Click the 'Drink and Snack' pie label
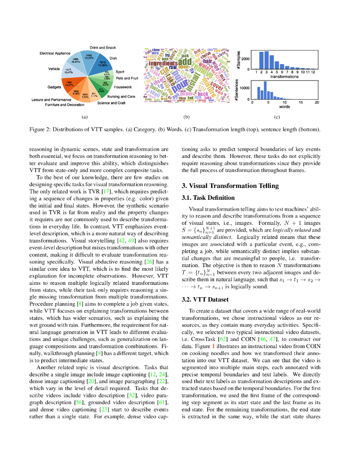tap(102, 47)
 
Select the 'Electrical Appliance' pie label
tap(55, 53)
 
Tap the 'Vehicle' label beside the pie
tap(54, 69)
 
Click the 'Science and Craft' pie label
tap(111, 103)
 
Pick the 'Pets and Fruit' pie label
tap(127, 78)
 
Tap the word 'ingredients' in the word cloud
tap(163, 63)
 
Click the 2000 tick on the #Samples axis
tap(245, 59)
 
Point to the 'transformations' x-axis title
tap(284, 76)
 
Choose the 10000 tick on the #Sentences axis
tap(244, 88)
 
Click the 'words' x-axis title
tap(284, 106)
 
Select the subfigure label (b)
tap(186, 117)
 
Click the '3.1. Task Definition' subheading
tap(208, 198)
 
